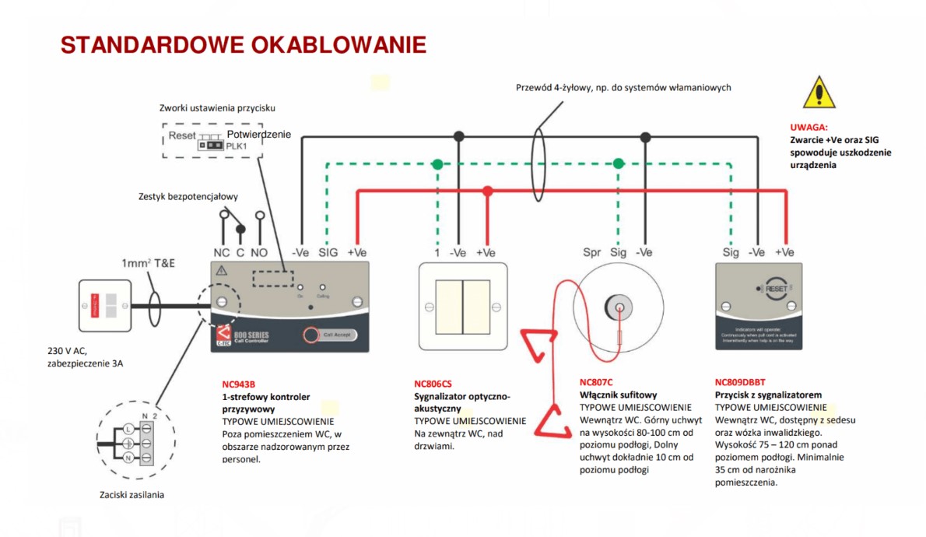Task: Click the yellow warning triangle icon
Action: [819, 93]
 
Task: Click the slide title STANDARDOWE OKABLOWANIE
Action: [243, 45]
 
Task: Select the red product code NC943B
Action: [238, 384]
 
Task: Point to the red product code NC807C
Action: [596, 382]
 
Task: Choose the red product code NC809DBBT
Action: [740, 382]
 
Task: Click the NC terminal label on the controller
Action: [222, 253]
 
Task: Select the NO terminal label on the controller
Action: [259, 253]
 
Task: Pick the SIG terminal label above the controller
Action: [328, 253]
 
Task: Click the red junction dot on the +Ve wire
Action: [487, 191]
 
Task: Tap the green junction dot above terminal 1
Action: [437, 164]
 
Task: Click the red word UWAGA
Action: [808, 126]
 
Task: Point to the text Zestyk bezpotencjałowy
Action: [188, 197]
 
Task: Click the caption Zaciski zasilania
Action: [132, 494]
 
